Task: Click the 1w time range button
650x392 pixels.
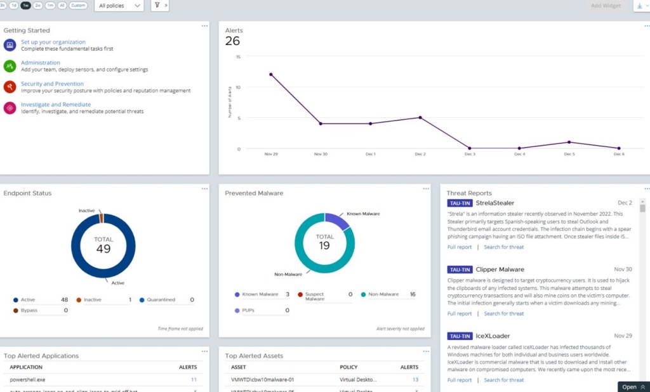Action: click(25, 5)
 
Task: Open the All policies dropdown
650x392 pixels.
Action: click(120, 6)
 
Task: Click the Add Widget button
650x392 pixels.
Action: click(606, 6)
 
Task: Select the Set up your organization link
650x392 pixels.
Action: click(53, 42)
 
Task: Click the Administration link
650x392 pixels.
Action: click(40, 63)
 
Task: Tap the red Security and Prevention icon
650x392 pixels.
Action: click(10, 87)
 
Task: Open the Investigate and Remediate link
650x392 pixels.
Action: click(55, 105)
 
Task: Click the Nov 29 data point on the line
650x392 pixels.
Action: click(271, 74)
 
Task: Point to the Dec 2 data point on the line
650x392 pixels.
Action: click(420, 117)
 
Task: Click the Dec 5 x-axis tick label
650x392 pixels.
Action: click(569, 154)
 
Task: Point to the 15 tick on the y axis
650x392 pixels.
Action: click(238, 56)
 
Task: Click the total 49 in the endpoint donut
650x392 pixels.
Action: click(103, 248)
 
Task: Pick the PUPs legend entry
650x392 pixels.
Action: click(248, 311)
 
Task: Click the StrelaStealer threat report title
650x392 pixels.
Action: click(494, 203)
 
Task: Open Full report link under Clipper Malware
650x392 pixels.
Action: click(460, 313)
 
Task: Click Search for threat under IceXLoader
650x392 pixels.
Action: click(503, 380)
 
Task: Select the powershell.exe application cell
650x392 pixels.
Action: click(27, 379)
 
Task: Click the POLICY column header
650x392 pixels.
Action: click(350, 367)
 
